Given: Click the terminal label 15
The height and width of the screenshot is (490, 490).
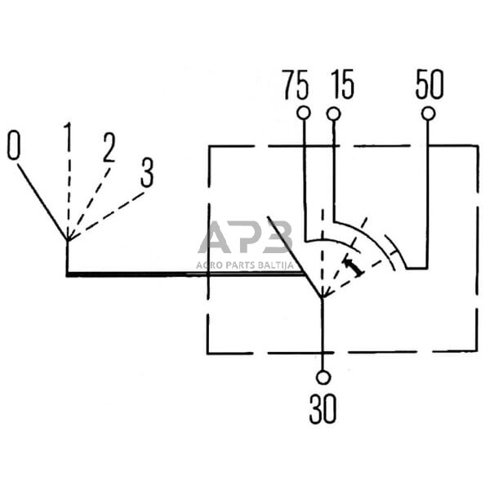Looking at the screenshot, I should point(342,85).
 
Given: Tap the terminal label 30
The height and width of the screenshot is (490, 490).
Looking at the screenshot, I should point(322,409).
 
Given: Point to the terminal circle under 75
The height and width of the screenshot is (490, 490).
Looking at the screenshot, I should point(304,112).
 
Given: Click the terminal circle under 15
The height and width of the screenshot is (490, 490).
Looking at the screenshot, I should point(333,112).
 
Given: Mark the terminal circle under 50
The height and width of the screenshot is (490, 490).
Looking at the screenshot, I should point(427,112).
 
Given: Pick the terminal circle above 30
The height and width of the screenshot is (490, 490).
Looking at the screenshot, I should point(323,376).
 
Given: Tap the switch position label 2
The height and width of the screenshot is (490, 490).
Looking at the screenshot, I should point(108,147).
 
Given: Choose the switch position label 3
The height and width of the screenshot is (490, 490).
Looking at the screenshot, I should point(146,172).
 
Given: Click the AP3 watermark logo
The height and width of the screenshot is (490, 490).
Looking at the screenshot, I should point(244,238).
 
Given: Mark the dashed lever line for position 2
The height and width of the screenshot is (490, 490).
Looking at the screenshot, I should point(88,200).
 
